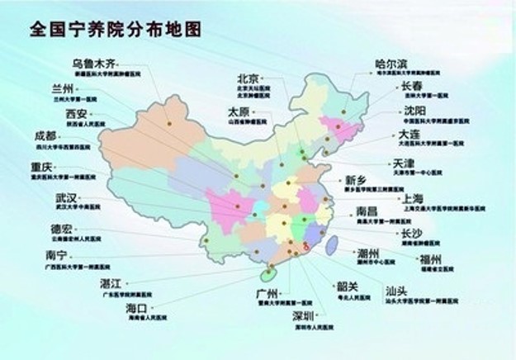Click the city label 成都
pos(45,135)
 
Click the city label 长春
pos(412,86)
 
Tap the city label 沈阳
pos(415,110)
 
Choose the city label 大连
pos(410,134)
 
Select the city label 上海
pos(413,198)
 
